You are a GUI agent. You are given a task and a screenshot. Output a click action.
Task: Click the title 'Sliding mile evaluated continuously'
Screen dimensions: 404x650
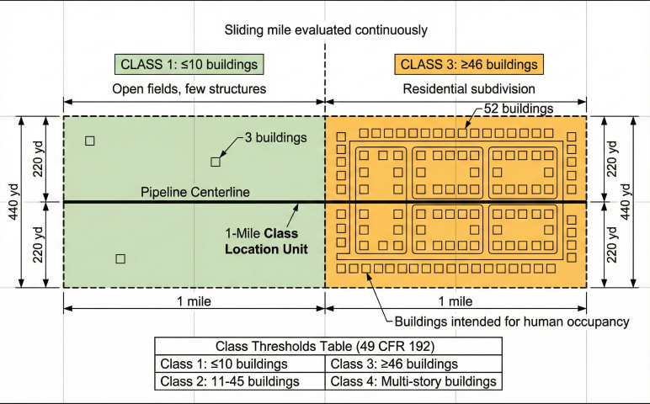(325, 30)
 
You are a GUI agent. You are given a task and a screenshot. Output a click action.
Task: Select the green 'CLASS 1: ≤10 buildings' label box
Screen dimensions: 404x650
(189, 64)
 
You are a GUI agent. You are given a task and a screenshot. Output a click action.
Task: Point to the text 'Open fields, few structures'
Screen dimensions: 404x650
(189, 88)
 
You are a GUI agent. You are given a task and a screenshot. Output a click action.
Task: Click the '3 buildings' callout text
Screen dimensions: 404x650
(275, 137)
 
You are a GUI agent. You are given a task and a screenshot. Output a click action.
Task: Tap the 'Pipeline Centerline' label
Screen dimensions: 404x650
(195, 193)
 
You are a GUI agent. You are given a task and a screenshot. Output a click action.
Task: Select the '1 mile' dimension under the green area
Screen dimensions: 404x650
(193, 300)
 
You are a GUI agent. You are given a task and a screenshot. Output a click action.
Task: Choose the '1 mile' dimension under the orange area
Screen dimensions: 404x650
(456, 300)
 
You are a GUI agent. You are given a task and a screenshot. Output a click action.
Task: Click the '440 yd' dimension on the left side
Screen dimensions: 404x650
(12, 202)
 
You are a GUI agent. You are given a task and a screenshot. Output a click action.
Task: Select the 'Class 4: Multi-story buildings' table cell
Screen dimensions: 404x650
(413, 381)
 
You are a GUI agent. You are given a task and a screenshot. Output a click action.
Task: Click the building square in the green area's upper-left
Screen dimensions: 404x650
(90, 141)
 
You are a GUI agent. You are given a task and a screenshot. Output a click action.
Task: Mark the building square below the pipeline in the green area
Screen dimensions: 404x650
(120, 258)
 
